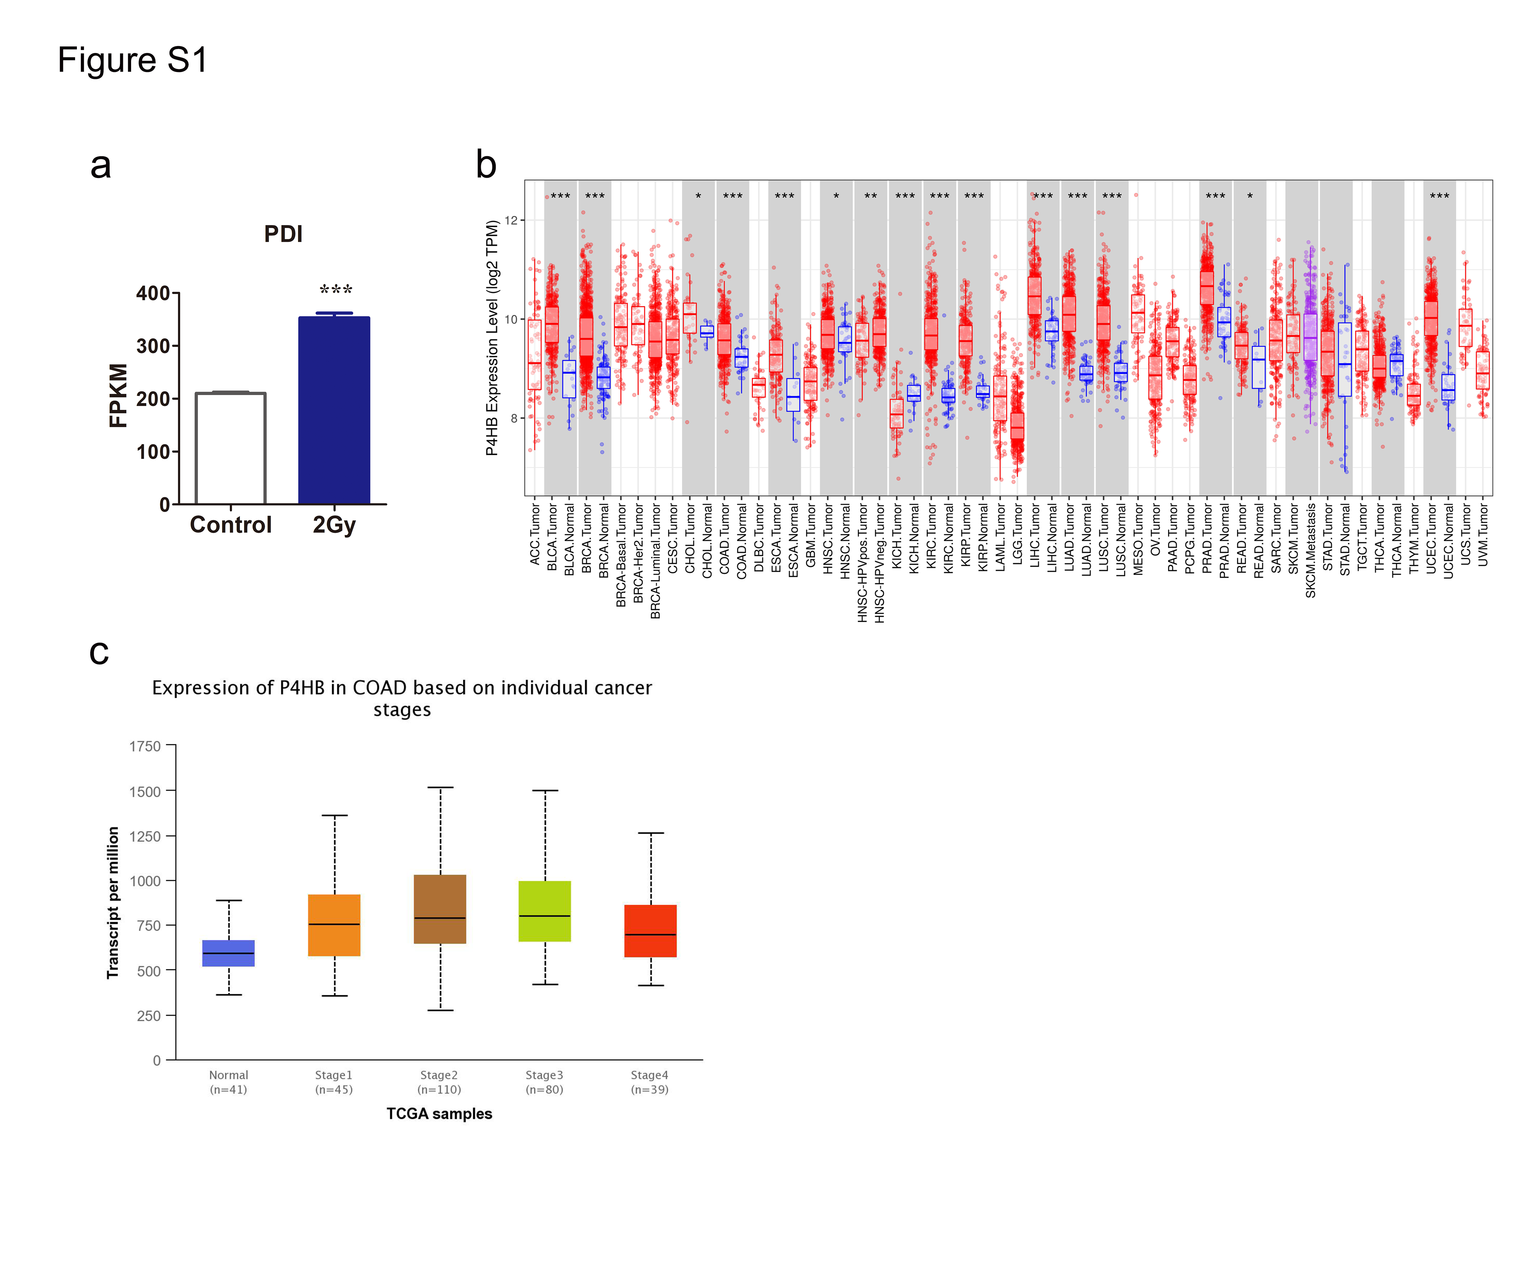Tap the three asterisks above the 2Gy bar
336,290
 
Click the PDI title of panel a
283,234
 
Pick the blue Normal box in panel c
228,953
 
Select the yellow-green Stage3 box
545,912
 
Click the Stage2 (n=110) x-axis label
439,1082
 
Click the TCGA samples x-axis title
439,1114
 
